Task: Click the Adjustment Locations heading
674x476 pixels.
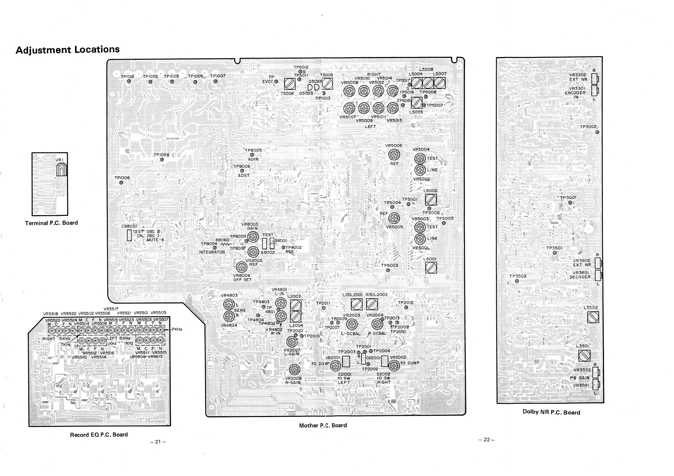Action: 67,49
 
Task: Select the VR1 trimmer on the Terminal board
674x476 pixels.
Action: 61,170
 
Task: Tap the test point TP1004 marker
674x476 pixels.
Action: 162,160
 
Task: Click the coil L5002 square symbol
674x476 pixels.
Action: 431,200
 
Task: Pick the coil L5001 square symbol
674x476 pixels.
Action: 431,267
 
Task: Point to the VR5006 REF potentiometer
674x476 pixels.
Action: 394,154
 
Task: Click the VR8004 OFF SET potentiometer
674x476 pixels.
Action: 242,267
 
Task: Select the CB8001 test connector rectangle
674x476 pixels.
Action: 129,235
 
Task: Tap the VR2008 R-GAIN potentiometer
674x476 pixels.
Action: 295,369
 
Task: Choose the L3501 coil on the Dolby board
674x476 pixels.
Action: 584,356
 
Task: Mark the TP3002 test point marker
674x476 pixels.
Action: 597,132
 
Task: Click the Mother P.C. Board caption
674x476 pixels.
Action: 323,425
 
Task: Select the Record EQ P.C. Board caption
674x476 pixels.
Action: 99,435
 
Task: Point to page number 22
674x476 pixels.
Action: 487,439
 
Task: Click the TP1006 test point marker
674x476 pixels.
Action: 121,183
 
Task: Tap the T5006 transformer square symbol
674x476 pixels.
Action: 290,84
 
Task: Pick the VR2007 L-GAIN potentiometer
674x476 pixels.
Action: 292,341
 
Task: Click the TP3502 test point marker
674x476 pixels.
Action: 517,281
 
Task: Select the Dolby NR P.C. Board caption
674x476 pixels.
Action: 551,412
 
